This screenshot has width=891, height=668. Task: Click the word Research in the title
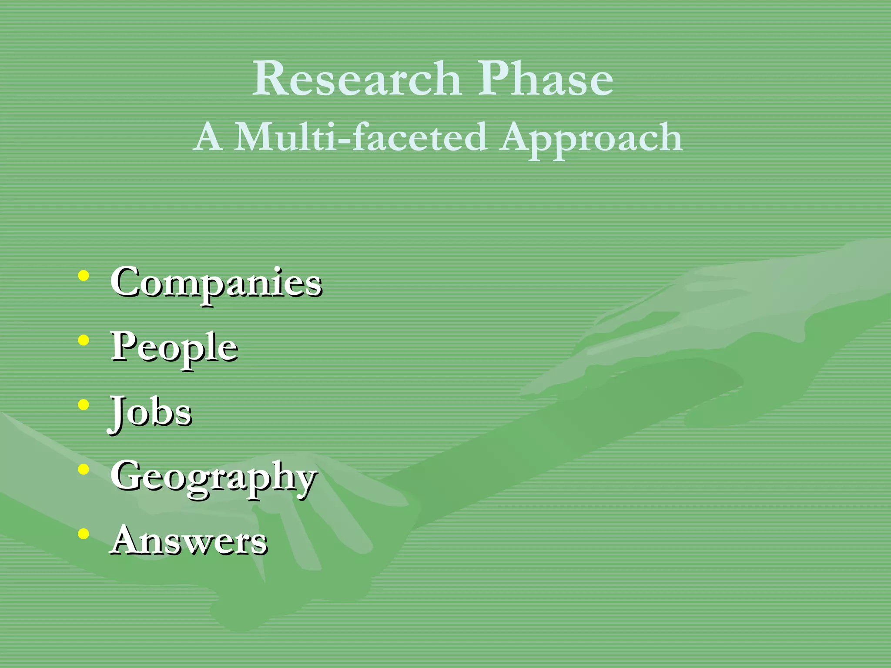pos(357,79)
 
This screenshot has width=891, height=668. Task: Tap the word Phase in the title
pos(546,79)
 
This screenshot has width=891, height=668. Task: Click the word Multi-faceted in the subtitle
pos(360,137)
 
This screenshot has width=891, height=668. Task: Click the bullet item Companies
pos(216,283)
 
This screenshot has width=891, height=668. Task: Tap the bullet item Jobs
pos(151,412)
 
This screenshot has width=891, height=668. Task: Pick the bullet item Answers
pos(188,541)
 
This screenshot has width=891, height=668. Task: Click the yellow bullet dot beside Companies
pos(84,276)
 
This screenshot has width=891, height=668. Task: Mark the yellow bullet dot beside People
pos(84,341)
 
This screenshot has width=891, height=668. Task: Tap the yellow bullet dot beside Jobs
pos(84,405)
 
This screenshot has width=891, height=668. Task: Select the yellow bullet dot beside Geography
pos(84,469)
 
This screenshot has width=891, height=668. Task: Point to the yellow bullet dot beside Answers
pos(84,534)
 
